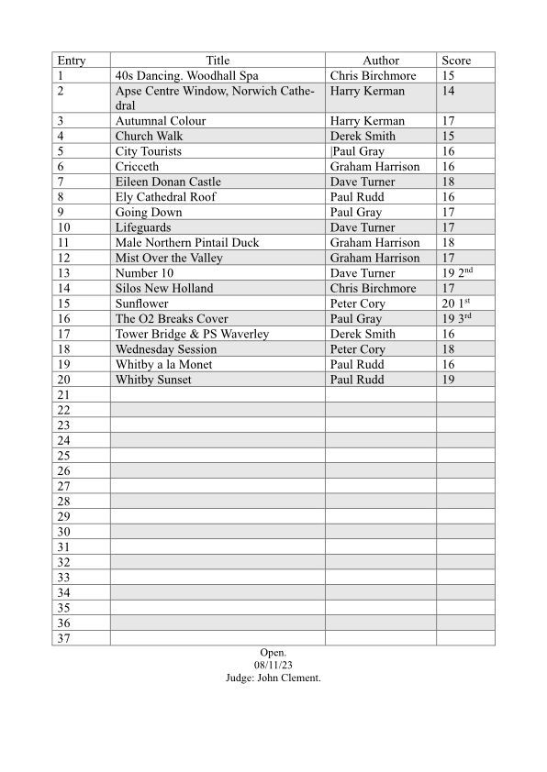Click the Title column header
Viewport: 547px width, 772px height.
click(218, 61)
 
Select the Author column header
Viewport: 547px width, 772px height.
click(381, 61)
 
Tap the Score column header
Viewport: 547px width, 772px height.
click(456, 61)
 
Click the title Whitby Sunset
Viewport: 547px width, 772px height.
click(153, 380)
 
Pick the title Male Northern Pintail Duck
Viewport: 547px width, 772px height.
click(187, 243)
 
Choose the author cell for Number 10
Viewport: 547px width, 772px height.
click(363, 273)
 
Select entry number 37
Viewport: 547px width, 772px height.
click(64, 639)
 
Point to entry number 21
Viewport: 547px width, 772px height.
click(64, 395)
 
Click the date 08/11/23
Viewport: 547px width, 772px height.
click(273, 665)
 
